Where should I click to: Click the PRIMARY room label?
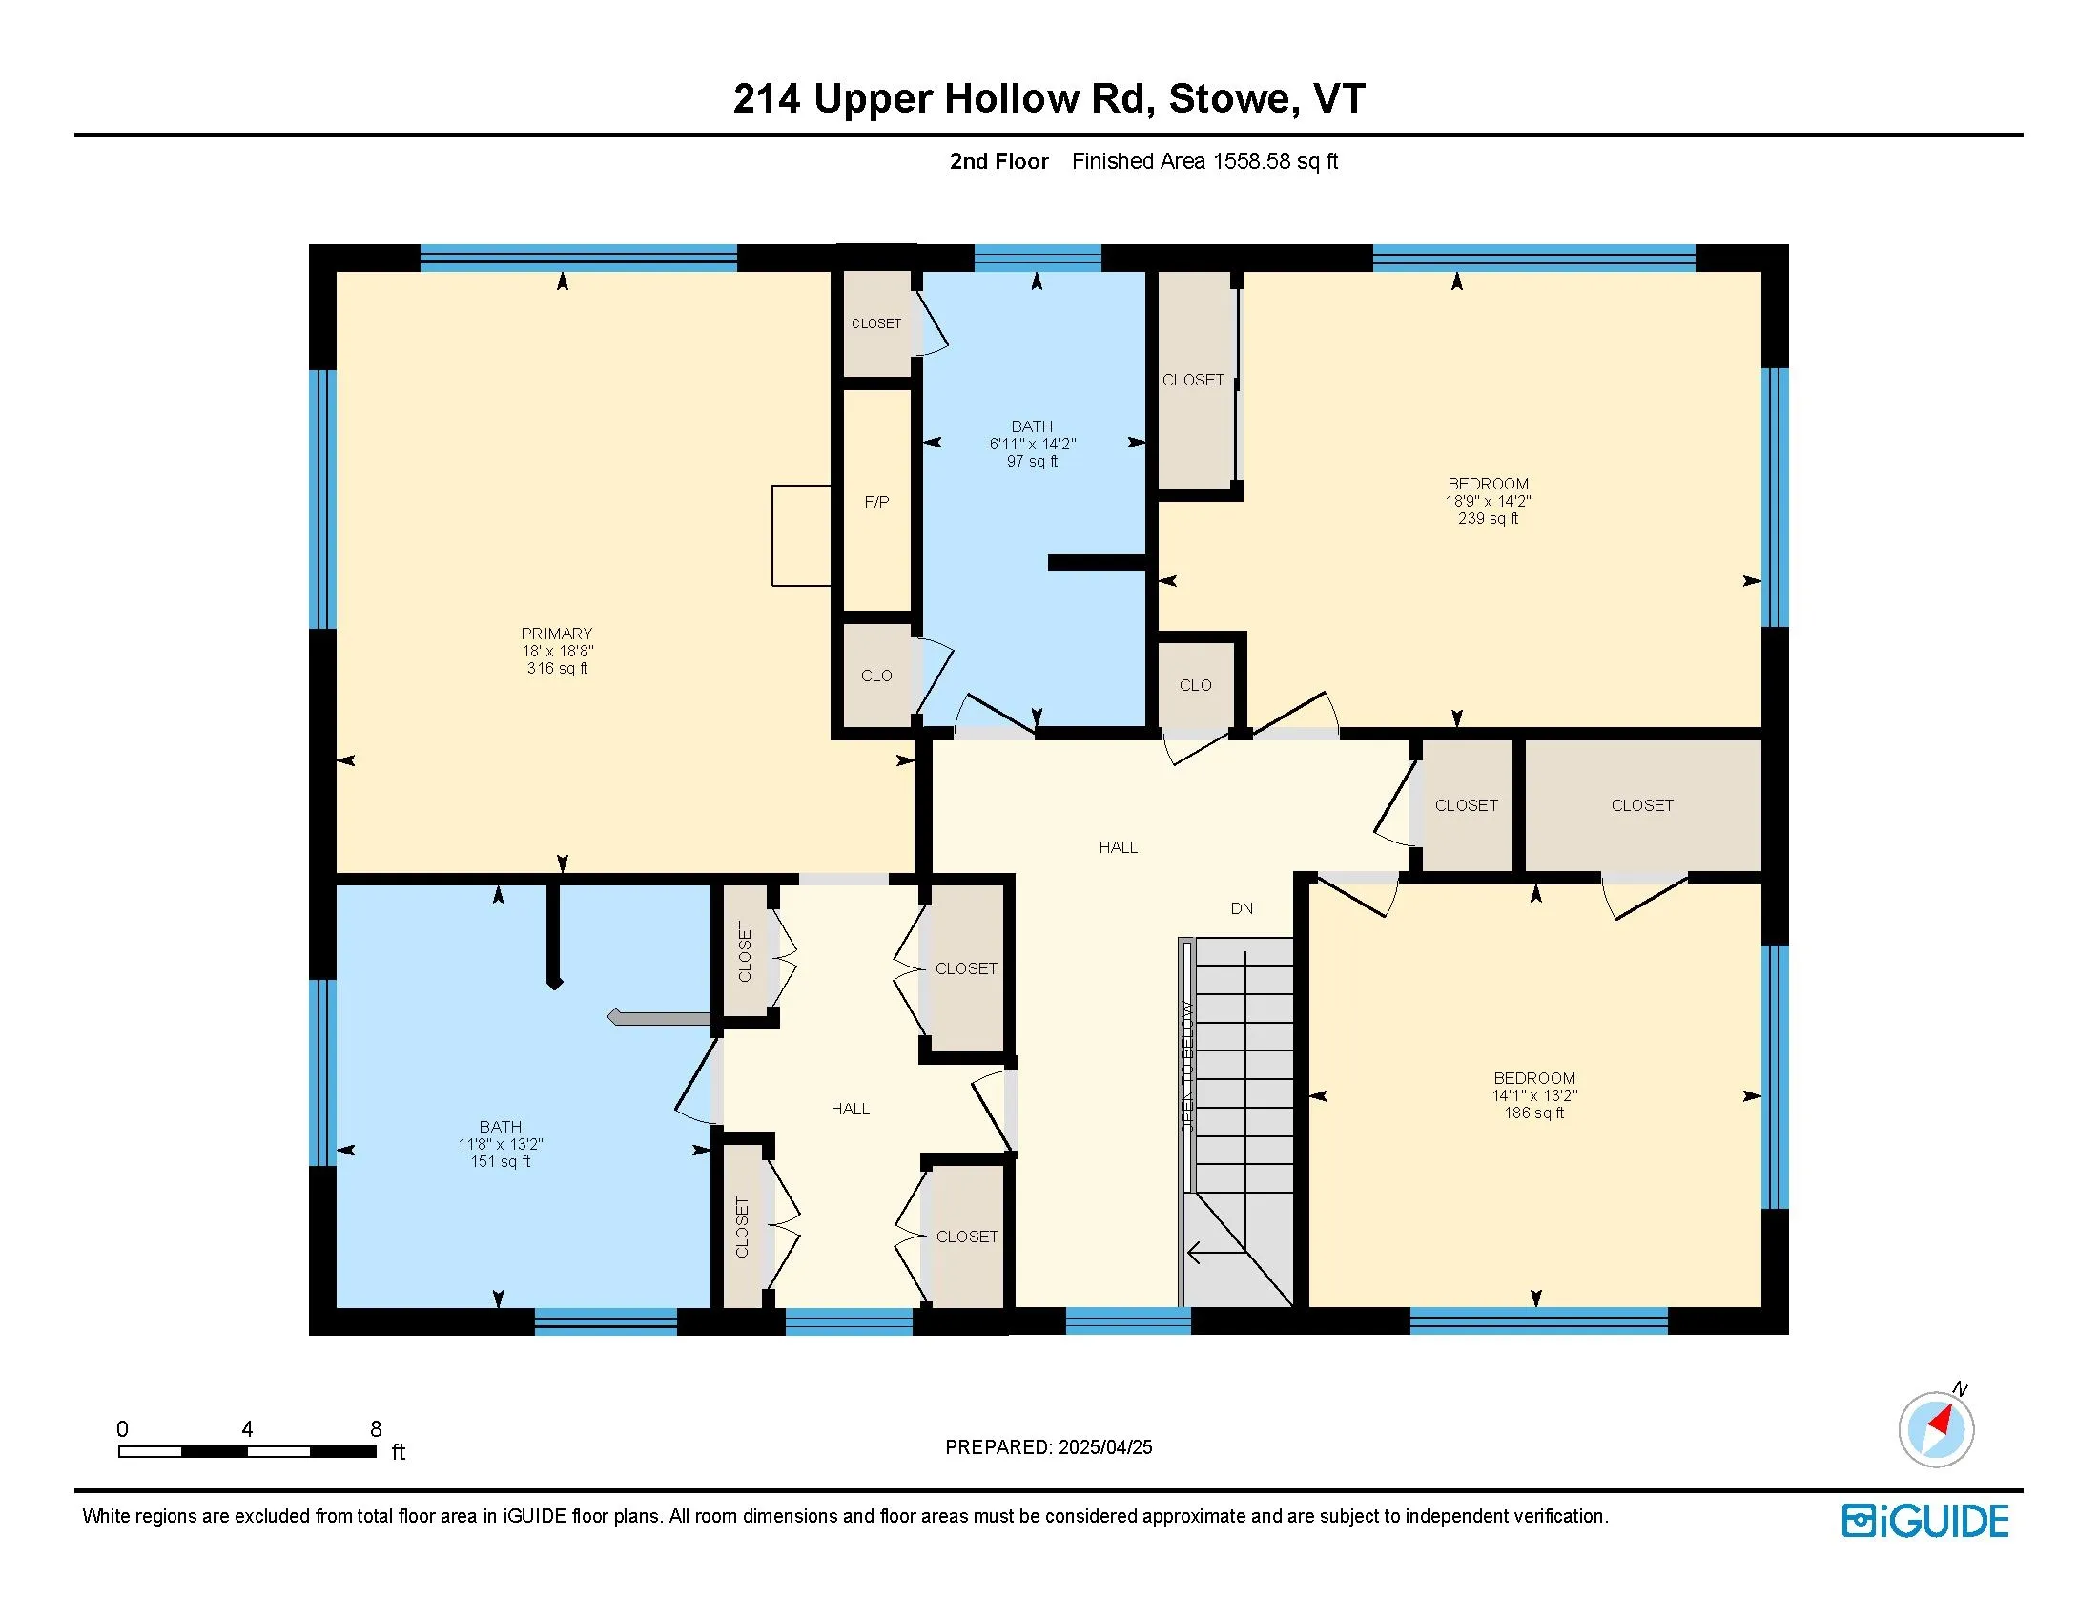point(556,634)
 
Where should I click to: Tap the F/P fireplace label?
point(876,502)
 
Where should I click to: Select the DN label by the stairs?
point(1241,908)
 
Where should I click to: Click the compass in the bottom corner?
point(1937,1429)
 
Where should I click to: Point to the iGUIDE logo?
point(1925,1522)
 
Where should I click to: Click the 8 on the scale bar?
point(376,1429)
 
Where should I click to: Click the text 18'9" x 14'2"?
point(1488,501)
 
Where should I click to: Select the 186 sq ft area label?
point(1534,1113)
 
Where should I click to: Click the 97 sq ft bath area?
point(1032,461)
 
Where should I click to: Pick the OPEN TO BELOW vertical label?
point(1187,1067)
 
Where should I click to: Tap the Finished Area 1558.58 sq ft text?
point(1204,161)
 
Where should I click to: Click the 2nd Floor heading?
point(999,161)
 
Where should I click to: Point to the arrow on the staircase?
point(1216,1252)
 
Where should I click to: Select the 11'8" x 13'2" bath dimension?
point(501,1143)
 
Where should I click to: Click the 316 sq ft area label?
point(557,668)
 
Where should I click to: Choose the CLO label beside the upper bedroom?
point(1195,685)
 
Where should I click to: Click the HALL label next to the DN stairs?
point(1119,847)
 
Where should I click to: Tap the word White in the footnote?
point(106,1516)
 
